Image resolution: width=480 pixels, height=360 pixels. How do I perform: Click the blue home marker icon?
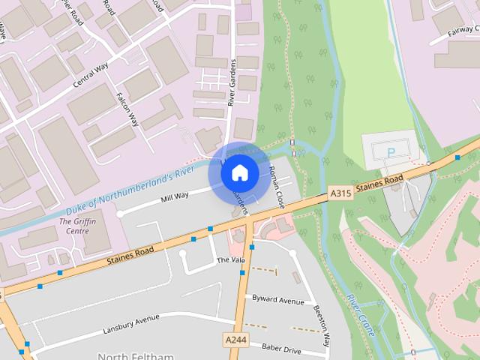pyautogui.click(x=240, y=173)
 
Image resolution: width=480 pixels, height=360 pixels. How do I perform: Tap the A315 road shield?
pyautogui.click(x=340, y=193)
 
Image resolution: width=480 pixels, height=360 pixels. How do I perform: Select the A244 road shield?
pyautogui.click(x=235, y=340)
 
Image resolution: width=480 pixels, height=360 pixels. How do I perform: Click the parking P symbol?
pyautogui.click(x=390, y=152)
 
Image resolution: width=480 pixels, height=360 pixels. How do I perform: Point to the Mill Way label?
pyautogui.click(x=175, y=196)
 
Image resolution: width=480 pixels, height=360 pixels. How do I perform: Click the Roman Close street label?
pyautogui.click(x=277, y=187)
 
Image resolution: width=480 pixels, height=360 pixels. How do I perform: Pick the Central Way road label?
pyautogui.click(x=92, y=76)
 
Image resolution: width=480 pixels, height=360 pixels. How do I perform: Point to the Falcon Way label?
pyautogui.click(x=129, y=109)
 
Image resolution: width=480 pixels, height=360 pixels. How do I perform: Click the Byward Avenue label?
pyautogui.click(x=278, y=299)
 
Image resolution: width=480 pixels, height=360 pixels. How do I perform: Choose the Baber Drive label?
pyautogui.click(x=280, y=349)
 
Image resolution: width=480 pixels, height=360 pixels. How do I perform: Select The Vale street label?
pyautogui.click(x=231, y=260)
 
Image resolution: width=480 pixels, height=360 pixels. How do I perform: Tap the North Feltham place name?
pyautogui.click(x=136, y=355)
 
